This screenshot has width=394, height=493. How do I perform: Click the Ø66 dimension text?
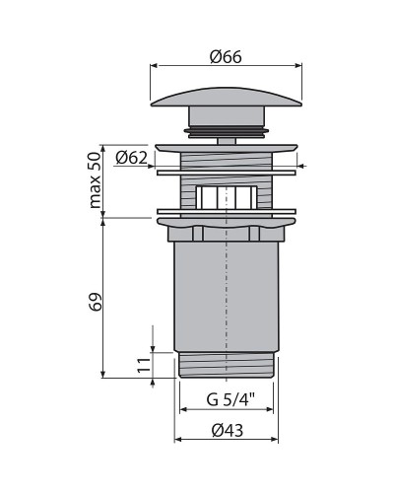click(x=227, y=56)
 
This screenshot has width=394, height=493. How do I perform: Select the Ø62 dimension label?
click(x=131, y=157)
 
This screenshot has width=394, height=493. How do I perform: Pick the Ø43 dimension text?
click(x=227, y=429)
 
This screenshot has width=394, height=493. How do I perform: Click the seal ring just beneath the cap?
click(x=228, y=128)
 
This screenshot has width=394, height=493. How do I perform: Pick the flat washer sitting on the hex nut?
click(x=227, y=213)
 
